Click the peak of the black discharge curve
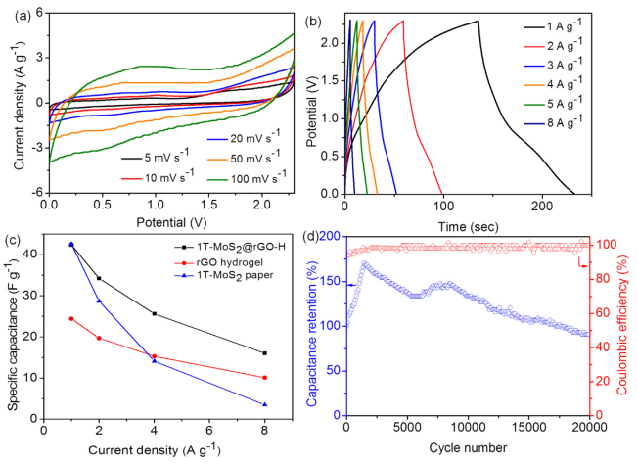[478, 21]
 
